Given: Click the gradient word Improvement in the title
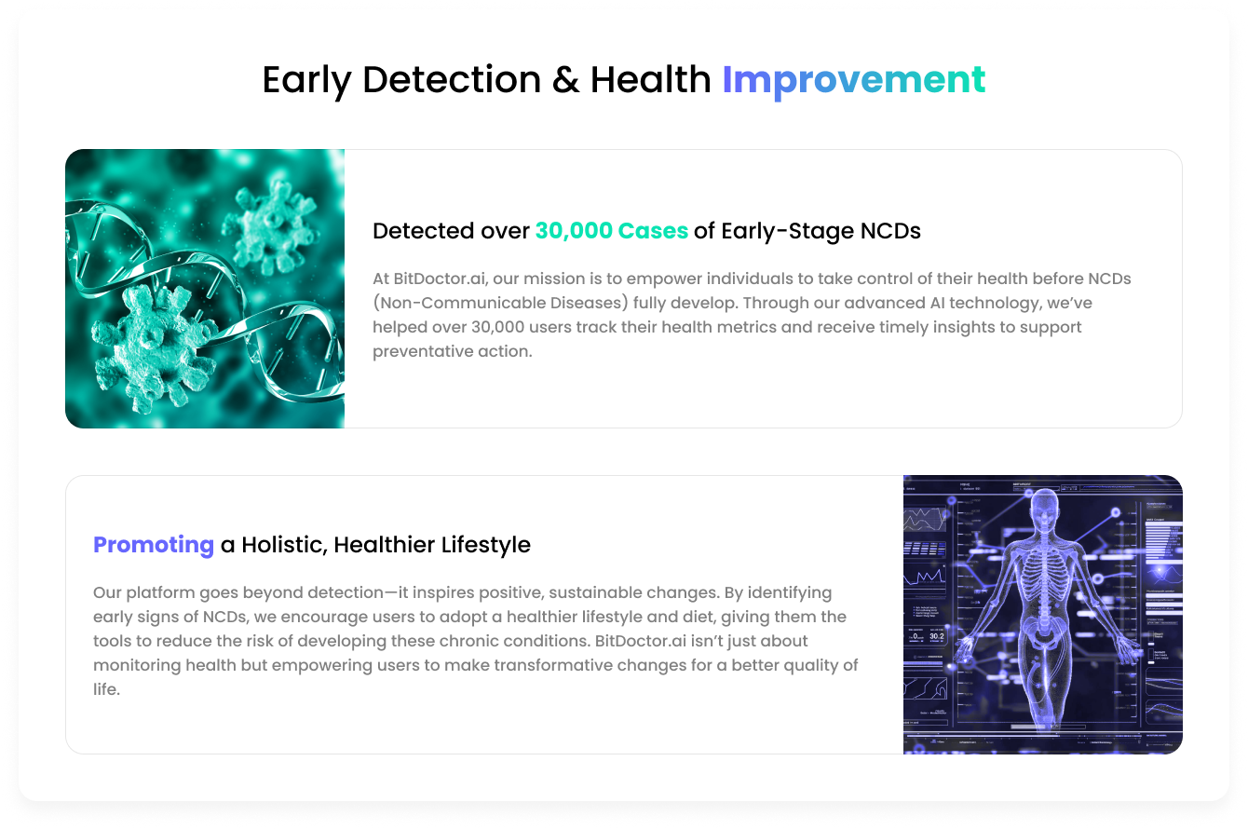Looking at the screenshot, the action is click(x=853, y=80).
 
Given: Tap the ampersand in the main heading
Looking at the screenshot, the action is click(x=565, y=80).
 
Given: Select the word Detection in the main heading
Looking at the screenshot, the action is click(x=452, y=80).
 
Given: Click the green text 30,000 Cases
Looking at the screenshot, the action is click(x=612, y=231).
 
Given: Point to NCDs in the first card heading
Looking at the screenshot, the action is click(x=890, y=231).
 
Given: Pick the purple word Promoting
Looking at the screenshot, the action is click(x=154, y=545).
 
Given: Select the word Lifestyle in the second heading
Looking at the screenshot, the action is click(x=486, y=545).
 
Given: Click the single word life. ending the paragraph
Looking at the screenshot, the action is click(x=106, y=689).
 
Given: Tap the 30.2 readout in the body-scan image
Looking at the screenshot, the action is click(x=937, y=636).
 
